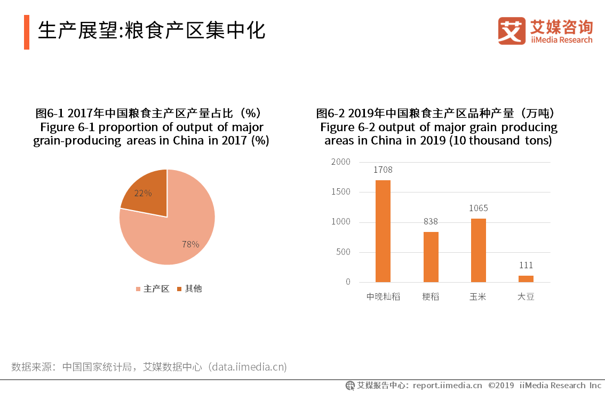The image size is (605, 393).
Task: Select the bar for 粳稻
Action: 431,256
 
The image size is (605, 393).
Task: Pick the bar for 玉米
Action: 479,250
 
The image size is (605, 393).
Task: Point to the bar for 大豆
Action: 526,278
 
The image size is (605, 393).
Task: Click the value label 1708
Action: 383,170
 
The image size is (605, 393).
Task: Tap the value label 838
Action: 431,222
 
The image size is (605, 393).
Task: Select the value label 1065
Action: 479,208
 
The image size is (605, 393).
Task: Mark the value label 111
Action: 526,266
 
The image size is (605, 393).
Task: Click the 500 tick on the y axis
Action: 344,252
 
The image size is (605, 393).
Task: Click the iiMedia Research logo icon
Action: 512,31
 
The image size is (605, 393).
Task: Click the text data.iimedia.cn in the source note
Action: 248,367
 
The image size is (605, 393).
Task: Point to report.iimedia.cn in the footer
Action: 447,386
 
